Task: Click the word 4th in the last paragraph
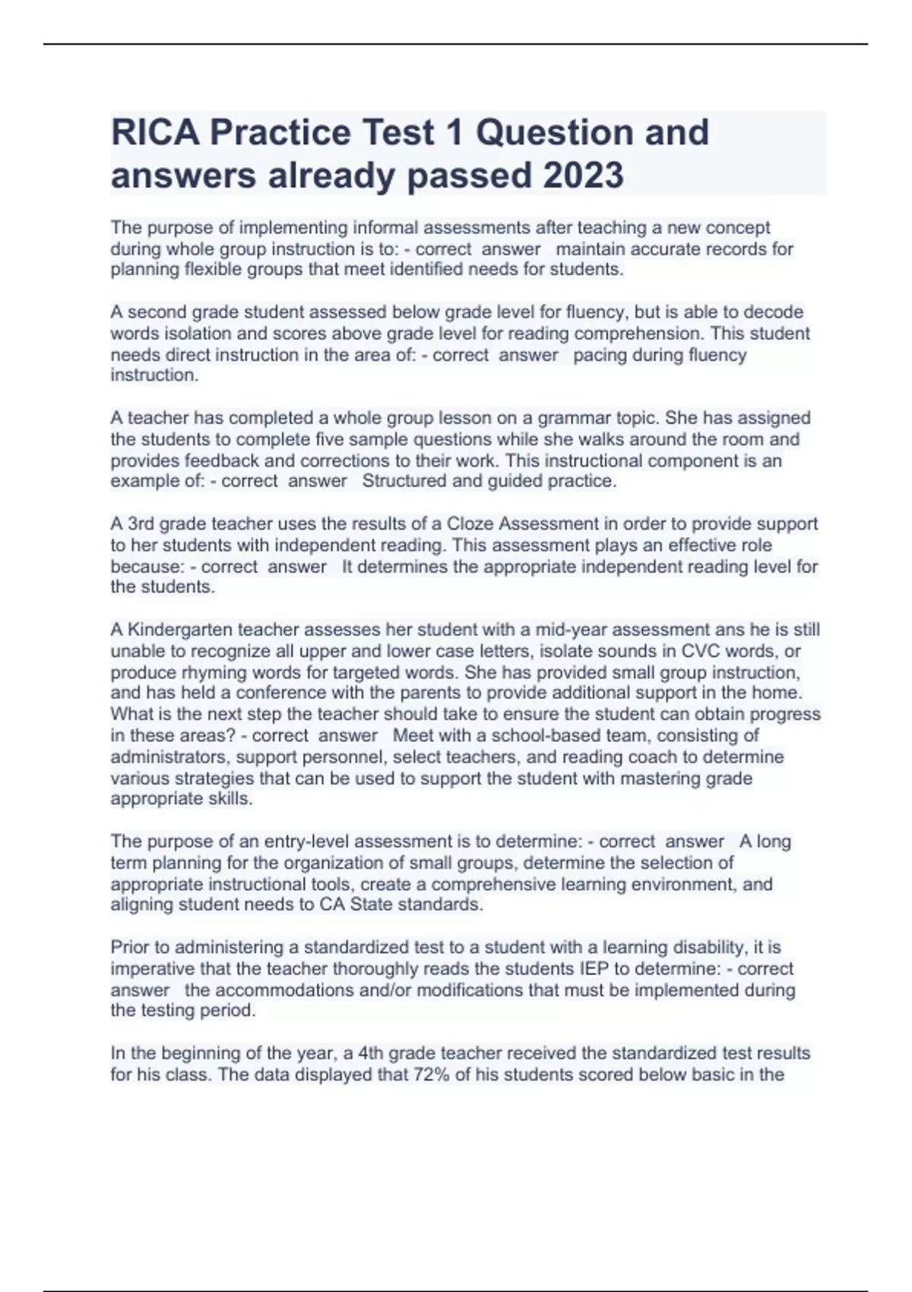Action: [372, 1053]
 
